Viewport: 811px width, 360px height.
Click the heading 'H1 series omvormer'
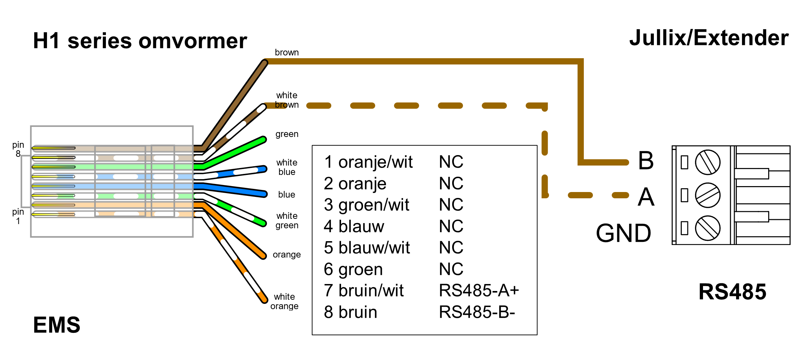(140, 41)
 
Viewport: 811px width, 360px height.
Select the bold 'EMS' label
(56, 325)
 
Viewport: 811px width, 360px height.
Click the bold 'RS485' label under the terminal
(732, 292)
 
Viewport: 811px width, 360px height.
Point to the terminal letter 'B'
(646, 161)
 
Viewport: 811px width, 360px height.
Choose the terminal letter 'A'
(646, 197)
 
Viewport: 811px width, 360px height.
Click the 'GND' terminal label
(623, 233)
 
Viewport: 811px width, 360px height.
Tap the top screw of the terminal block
(708, 162)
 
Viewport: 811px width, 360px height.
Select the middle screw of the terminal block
(708, 195)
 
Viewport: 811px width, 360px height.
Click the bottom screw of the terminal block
(708, 228)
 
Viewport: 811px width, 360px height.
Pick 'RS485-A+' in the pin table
(479, 290)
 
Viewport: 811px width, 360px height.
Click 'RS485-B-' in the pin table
(477, 312)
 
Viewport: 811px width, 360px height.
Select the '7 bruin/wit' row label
(364, 290)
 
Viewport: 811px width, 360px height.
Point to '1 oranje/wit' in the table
(368, 162)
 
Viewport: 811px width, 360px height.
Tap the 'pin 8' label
(18, 149)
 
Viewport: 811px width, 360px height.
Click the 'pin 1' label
(18, 216)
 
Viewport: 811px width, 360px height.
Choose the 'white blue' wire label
(287, 167)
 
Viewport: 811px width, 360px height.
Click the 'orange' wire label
(287, 254)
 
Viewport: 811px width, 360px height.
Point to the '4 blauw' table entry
(354, 226)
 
